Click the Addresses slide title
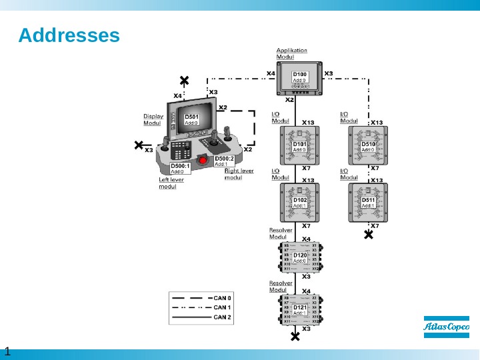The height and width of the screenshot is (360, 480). click(69, 35)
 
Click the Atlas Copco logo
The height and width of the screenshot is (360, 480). click(447, 327)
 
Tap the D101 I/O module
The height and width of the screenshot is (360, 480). click(300, 146)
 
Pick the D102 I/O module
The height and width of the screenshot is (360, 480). click(300, 202)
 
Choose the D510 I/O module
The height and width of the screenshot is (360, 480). click(368, 146)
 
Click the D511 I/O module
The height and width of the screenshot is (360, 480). click(368, 202)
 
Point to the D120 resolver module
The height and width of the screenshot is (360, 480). click(300, 256)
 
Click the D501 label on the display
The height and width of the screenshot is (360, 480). click(192, 119)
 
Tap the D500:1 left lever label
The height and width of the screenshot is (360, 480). click(180, 167)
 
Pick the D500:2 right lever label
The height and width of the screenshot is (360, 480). click(224, 161)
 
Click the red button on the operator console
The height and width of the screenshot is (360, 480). click(203, 160)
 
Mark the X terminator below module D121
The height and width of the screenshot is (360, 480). click(295, 337)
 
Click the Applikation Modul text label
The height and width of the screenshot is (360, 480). click(291, 53)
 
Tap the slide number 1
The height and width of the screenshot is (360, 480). click(7, 351)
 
